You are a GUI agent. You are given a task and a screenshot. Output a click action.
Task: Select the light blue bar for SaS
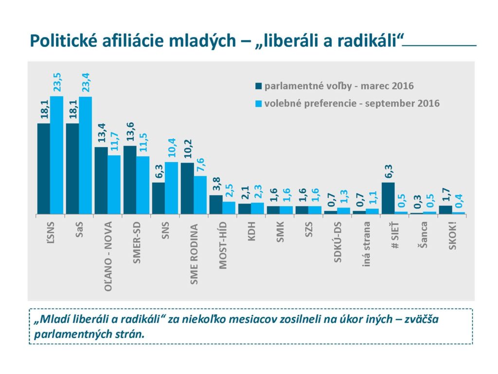85,155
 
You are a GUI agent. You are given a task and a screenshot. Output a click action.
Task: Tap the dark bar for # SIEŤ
388,198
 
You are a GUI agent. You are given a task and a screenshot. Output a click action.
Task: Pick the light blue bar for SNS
171,188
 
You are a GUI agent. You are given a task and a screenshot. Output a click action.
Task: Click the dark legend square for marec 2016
258,87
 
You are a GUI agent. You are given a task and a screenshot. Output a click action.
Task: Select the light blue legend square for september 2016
258,104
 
